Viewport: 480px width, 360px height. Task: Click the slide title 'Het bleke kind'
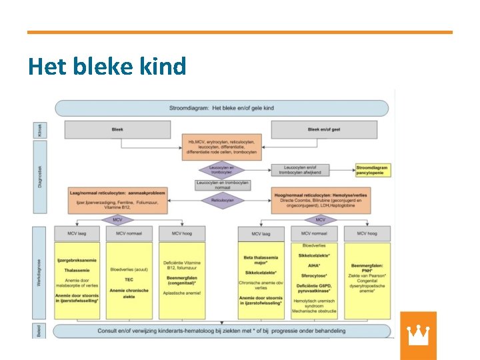coord(107,67)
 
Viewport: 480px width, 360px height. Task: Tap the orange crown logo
coord(418,335)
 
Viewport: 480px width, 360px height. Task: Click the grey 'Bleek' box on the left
coord(117,129)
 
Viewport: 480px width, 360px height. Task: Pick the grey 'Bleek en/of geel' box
coord(324,129)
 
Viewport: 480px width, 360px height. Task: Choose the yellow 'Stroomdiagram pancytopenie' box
coord(373,171)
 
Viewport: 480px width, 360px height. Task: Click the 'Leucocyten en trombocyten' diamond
coord(222,171)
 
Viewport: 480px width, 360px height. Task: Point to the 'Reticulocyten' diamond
coord(222,199)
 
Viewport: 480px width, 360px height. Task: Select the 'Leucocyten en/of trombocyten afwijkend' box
coord(303,171)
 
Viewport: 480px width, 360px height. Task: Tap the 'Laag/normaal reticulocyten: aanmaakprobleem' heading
coord(117,193)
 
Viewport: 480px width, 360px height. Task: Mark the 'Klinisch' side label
coord(39,129)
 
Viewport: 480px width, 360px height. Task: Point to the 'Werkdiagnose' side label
coord(39,273)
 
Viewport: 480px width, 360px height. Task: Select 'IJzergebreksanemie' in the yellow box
coord(77,260)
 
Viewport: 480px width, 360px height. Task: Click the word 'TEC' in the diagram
coord(129,280)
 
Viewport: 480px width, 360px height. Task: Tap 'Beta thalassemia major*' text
coord(261,260)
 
